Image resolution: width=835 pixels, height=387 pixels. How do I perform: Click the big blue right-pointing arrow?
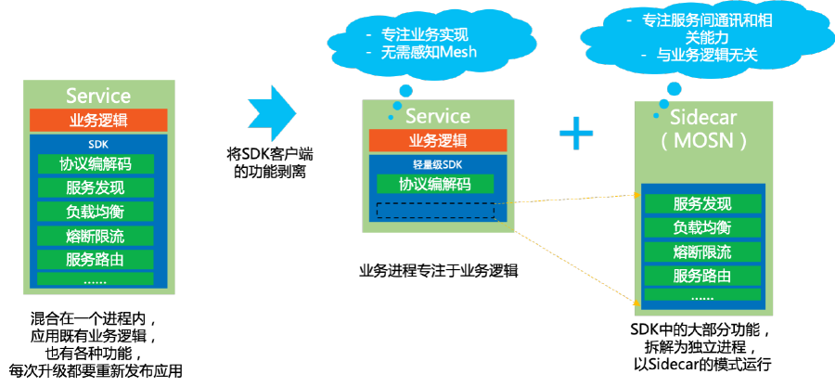coord(272,114)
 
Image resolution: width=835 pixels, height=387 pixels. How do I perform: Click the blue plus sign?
coord(575,135)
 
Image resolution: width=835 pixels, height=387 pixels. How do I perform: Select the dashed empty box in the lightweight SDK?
coord(435,210)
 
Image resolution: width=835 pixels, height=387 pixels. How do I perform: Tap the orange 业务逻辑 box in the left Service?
coord(98,121)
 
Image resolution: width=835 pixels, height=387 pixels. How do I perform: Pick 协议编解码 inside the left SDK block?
coord(95,164)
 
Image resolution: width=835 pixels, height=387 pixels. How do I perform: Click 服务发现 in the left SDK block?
coord(95,187)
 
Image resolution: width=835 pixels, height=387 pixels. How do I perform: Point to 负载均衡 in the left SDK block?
coord(95,211)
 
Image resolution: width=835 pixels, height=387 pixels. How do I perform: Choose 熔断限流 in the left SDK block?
coord(95,234)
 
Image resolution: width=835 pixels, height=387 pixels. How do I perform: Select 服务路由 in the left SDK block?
coord(95,257)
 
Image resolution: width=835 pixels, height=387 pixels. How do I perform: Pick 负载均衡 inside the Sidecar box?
coord(701,227)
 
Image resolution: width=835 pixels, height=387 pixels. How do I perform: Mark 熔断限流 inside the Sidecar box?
coord(701,252)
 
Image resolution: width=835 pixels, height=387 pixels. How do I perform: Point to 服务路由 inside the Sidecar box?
coord(701,276)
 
